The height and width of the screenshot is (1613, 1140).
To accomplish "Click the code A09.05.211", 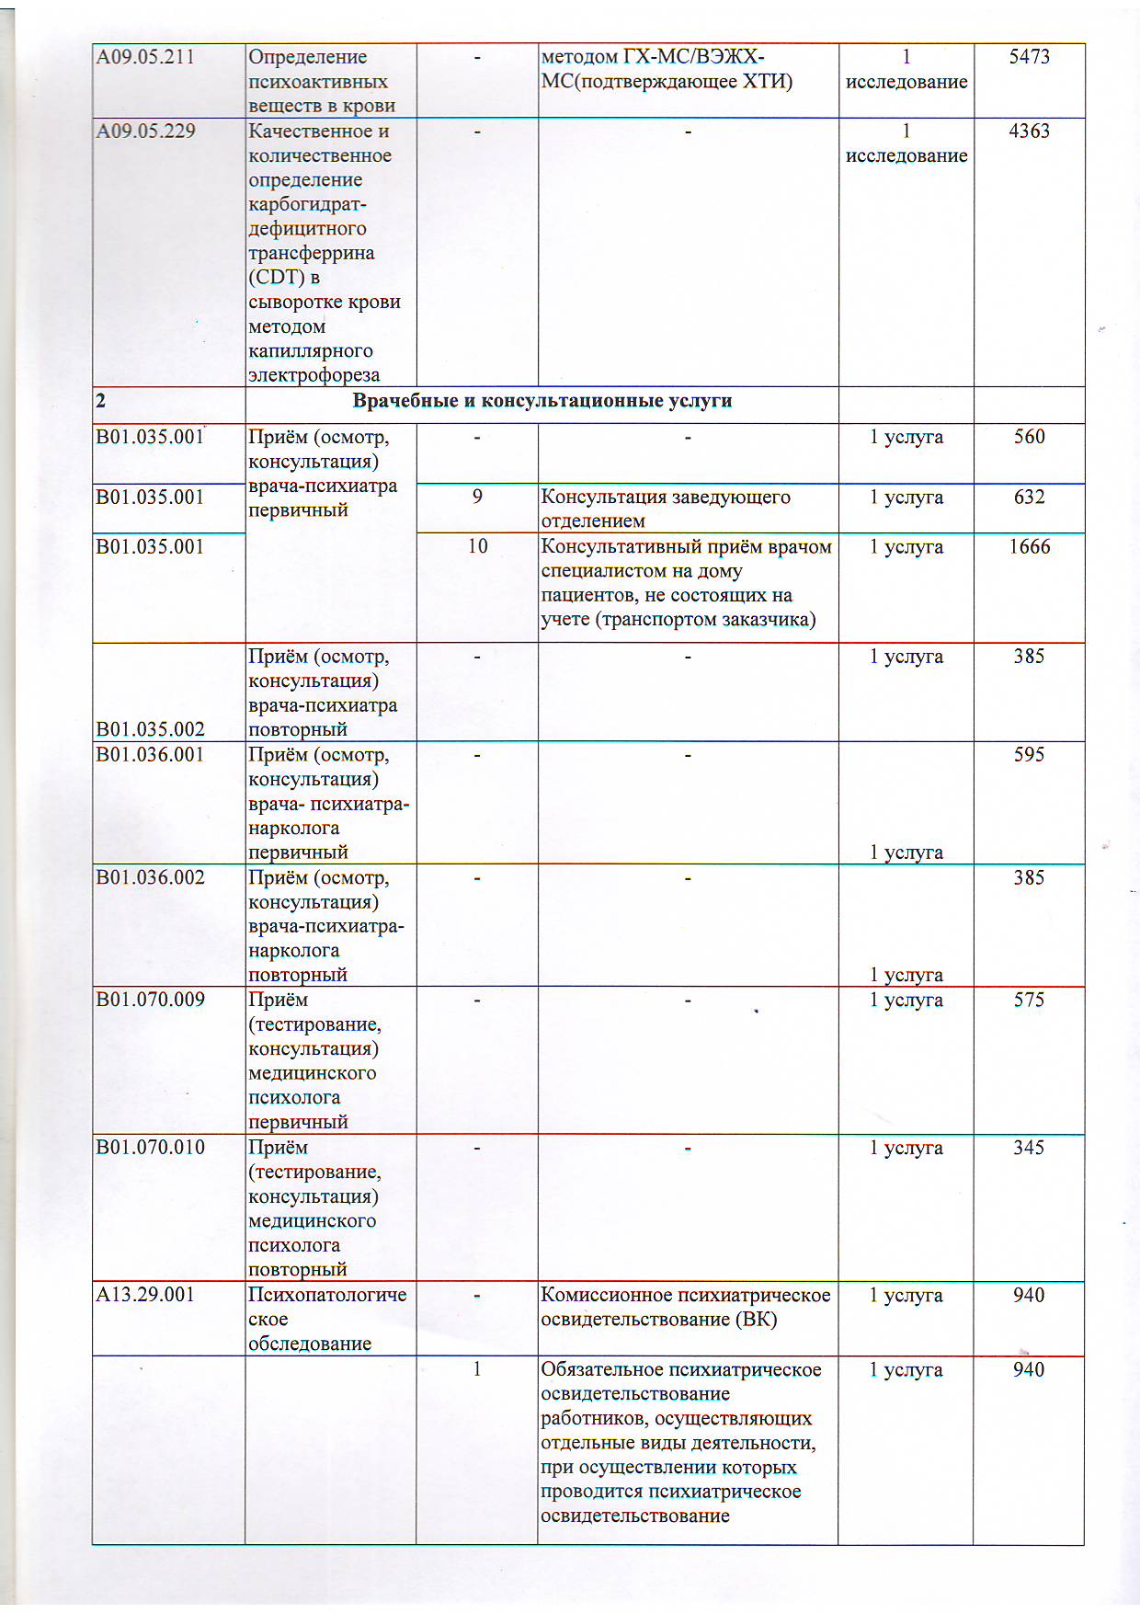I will click(x=145, y=57).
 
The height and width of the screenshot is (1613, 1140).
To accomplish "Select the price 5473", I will click(x=1029, y=57).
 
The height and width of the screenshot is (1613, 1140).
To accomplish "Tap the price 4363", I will click(x=1029, y=132).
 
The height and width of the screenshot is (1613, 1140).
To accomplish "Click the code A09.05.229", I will click(x=145, y=132).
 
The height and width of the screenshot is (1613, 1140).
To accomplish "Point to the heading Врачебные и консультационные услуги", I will click(x=542, y=401).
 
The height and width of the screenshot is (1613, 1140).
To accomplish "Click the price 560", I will click(x=1029, y=437).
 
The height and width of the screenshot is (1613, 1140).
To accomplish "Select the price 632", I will click(x=1029, y=498).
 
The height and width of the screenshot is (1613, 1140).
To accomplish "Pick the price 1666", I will click(x=1029, y=547).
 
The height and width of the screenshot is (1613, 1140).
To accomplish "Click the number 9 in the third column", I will click(x=477, y=498).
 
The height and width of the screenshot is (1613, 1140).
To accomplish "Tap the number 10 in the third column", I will click(x=477, y=547).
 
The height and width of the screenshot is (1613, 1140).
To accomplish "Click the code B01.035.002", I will click(x=150, y=730).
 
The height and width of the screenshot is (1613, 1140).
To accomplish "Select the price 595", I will click(x=1029, y=755).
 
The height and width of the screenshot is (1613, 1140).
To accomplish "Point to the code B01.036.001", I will click(x=150, y=755).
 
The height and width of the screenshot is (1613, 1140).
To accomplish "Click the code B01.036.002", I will click(x=150, y=878).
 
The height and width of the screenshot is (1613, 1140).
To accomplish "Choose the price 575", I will click(x=1029, y=1001).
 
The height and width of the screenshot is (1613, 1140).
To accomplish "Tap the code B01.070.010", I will click(x=150, y=1148).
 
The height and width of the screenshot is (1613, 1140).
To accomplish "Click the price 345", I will click(x=1029, y=1148).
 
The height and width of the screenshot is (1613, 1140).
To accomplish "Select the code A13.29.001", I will click(x=145, y=1296).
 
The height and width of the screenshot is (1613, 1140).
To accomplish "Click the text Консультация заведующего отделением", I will click(x=665, y=509).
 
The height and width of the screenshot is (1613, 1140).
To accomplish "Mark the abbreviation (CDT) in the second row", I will click(x=277, y=278).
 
